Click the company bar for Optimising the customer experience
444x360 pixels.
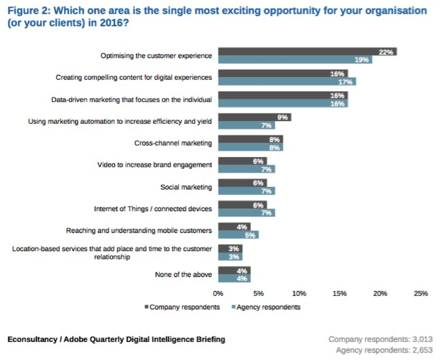click(307, 52)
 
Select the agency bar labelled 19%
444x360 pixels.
click(295, 59)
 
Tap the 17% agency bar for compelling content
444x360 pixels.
click(287, 82)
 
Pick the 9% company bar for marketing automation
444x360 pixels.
click(254, 117)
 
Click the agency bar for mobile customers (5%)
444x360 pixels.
click(238, 235)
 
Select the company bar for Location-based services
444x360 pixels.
click(230, 248)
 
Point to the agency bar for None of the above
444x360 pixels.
click(234, 278)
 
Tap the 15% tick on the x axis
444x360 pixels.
click(340, 293)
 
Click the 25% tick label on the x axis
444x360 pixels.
click(421, 293)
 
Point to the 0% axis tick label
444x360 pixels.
click(218, 293)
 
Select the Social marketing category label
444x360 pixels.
click(186, 187)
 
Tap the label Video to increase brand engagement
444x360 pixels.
click(155, 165)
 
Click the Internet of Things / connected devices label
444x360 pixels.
click(153, 209)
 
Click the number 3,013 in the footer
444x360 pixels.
click(420, 339)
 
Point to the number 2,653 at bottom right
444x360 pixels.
click(420, 350)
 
